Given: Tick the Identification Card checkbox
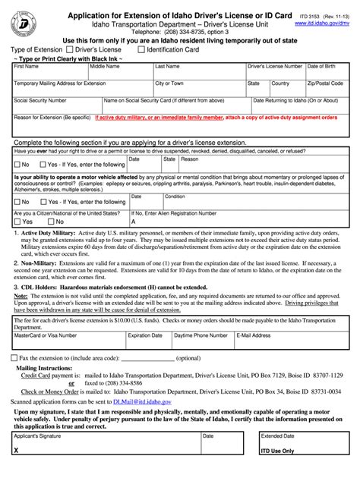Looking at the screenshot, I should (x=140, y=50).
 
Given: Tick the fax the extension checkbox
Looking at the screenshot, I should (x=15, y=357).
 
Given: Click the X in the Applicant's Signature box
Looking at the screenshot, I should (x=16, y=470).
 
